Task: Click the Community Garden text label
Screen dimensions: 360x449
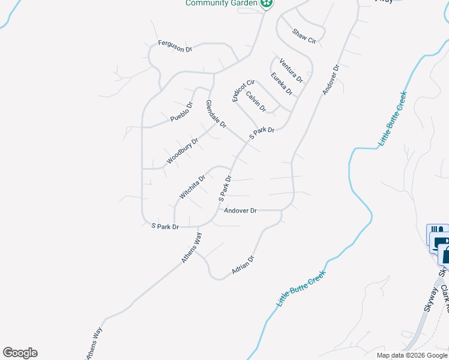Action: click(221, 3)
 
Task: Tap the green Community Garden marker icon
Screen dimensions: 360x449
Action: click(267, 3)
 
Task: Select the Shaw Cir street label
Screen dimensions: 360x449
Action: click(304, 36)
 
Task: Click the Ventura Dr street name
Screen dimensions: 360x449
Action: click(291, 70)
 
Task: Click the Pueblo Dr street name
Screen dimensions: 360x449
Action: click(181, 112)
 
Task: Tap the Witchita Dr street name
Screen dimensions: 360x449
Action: click(193, 187)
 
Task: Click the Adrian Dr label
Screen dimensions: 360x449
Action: click(244, 266)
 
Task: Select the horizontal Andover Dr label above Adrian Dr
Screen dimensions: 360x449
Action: click(240, 211)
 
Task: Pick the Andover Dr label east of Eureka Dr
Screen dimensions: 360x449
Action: click(331, 79)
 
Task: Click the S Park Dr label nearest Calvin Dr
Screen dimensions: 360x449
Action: click(262, 133)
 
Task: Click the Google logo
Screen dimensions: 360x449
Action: click(20, 353)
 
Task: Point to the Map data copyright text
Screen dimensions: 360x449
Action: click(412, 355)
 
